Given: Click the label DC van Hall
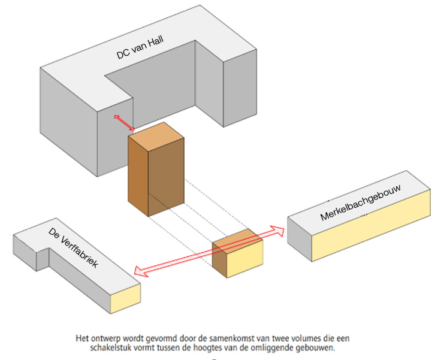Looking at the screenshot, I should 140,48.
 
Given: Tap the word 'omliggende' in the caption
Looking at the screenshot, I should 283,347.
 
